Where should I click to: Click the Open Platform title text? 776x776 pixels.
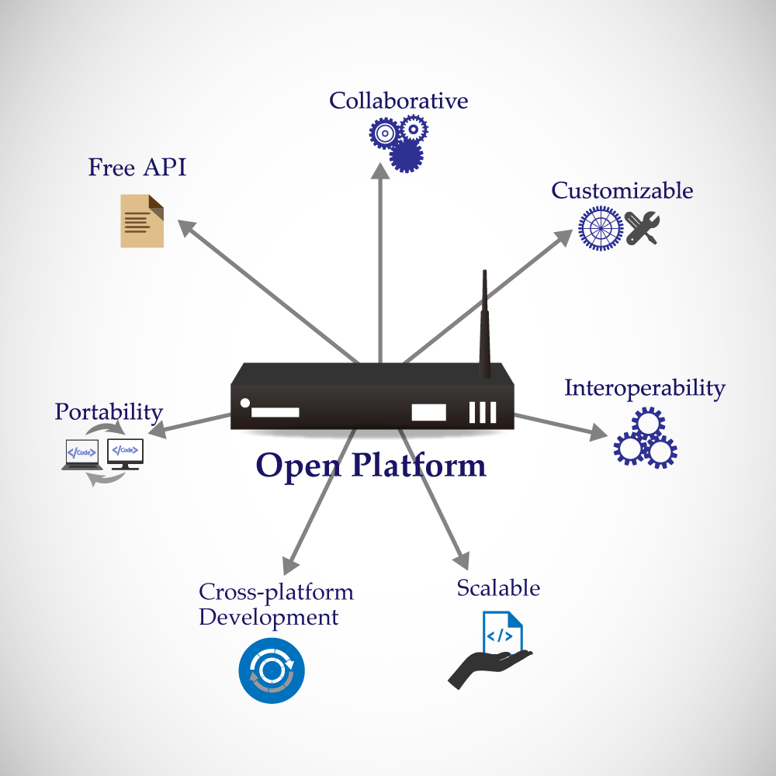(371, 466)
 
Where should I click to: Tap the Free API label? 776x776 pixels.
(137, 168)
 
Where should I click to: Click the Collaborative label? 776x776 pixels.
(398, 101)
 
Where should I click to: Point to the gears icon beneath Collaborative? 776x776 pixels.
(398, 143)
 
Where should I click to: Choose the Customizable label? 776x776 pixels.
(622, 191)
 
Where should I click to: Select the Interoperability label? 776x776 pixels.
(644, 388)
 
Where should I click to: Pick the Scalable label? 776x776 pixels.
(497, 588)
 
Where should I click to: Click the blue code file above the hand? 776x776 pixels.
(502, 632)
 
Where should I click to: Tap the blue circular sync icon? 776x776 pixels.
(272, 670)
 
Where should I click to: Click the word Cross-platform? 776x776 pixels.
(275, 592)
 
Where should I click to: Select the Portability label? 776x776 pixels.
(109, 412)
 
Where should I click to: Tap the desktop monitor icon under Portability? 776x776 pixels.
(126, 453)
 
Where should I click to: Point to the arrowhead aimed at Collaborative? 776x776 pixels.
(380, 171)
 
